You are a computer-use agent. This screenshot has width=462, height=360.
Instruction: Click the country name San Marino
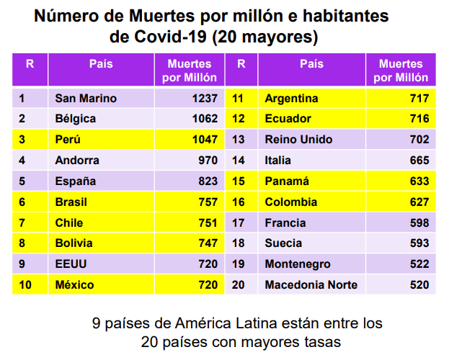[x=85, y=98]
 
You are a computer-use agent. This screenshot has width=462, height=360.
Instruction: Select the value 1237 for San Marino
[x=203, y=98]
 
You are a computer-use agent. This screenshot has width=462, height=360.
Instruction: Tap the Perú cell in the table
[x=68, y=140]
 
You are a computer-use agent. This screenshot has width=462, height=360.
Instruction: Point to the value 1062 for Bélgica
[x=203, y=119]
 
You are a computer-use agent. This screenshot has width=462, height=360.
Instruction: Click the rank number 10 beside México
[x=25, y=285]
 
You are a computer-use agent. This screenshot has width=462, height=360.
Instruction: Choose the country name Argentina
[x=293, y=98]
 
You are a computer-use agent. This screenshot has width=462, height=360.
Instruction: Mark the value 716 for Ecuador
[x=419, y=119]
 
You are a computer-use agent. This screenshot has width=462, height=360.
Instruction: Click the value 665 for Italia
[x=419, y=161]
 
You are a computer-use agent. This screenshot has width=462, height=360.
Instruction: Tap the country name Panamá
[x=287, y=181]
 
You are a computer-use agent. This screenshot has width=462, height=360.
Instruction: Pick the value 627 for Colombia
[x=419, y=202]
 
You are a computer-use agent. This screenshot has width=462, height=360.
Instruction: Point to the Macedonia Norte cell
[x=311, y=285]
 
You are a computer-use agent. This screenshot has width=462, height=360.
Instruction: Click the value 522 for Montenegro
[x=419, y=264]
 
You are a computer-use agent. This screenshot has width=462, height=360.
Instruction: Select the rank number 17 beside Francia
[x=239, y=223]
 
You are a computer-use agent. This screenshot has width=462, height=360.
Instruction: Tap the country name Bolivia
[x=74, y=243]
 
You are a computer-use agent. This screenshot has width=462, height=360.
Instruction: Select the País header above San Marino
[x=101, y=64]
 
